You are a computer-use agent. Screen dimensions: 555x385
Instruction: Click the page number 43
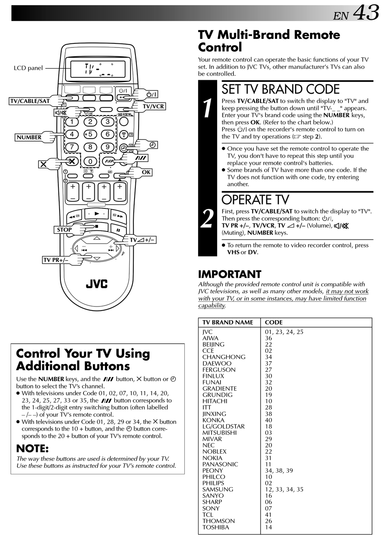[x=366, y=13]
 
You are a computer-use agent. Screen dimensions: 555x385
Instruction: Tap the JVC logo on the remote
[x=96, y=283]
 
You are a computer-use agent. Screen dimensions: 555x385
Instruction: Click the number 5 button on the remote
[x=90, y=134]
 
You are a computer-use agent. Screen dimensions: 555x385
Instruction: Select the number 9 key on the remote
[x=107, y=147]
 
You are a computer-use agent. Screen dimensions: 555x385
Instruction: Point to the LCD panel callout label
[x=28, y=68]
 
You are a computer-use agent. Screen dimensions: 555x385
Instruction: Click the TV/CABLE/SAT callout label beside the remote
[x=30, y=101]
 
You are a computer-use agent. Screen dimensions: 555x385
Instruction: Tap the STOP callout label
[x=64, y=229]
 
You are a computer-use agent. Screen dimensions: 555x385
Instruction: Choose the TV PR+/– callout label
[x=56, y=260]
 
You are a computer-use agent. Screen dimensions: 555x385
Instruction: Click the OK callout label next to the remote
[x=146, y=172]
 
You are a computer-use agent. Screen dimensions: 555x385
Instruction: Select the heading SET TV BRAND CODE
[x=280, y=89]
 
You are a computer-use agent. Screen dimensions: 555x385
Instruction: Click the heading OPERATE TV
[x=255, y=200]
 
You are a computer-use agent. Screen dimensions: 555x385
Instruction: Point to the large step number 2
[x=207, y=219]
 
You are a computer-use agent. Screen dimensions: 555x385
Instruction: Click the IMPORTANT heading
[x=229, y=274]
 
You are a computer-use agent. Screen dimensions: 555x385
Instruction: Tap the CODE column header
[x=274, y=322]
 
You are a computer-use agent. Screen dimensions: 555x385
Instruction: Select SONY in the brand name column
[x=211, y=508]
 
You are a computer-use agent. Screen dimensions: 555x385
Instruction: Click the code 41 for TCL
[x=268, y=514]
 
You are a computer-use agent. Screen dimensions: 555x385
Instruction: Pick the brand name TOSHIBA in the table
[x=216, y=527]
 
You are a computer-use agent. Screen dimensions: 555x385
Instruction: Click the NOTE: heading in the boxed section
[x=32, y=448]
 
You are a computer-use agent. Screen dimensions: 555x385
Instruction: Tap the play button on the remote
[x=96, y=213]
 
